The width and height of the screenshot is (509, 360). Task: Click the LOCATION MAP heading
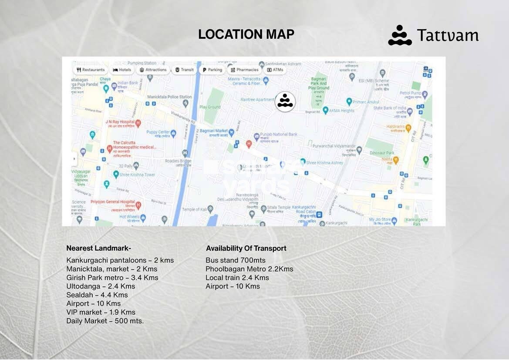(246, 34)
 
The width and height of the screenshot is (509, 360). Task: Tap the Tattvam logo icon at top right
(400, 35)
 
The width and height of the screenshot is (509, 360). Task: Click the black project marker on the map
(285, 101)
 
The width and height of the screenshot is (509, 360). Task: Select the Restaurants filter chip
(91, 70)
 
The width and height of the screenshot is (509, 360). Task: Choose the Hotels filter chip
(122, 70)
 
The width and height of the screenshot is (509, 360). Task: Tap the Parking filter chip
(212, 70)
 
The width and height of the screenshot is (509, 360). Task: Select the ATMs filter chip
(275, 70)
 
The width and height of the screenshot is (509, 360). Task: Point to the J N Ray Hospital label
(119, 121)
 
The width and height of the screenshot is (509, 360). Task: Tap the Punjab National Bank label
(278, 135)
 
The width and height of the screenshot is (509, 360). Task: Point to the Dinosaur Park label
(381, 153)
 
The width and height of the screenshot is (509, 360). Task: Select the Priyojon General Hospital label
(112, 202)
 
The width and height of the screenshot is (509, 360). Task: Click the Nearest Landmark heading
(98, 249)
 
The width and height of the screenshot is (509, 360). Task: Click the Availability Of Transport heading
(246, 249)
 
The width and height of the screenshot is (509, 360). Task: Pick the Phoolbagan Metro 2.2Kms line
(249, 269)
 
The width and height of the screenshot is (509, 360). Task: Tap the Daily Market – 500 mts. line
(105, 321)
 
